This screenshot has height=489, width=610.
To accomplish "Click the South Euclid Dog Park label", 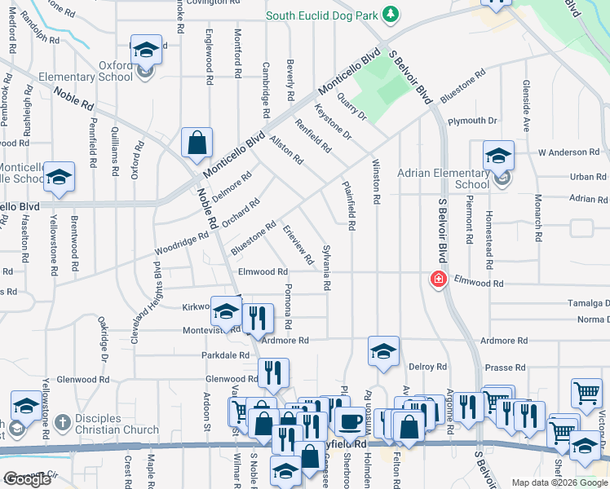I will pyautogui.click(x=324, y=15).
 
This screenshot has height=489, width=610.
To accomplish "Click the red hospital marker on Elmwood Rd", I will pyautogui.click(x=438, y=280).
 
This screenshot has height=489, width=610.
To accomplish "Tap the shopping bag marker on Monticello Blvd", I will pyautogui.click(x=197, y=144).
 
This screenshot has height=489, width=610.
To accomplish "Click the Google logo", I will pyautogui.click(x=27, y=479).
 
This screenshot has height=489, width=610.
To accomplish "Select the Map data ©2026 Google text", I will pyautogui.click(x=559, y=482).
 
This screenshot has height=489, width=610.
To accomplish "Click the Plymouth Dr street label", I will pyautogui.click(x=472, y=121).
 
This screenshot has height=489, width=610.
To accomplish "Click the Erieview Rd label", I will pyautogui.click(x=298, y=245).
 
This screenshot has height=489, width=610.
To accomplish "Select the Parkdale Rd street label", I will pyautogui.click(x=225, y=355).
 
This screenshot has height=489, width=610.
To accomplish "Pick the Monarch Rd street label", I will pyautogui.click(x=538, y=218).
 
